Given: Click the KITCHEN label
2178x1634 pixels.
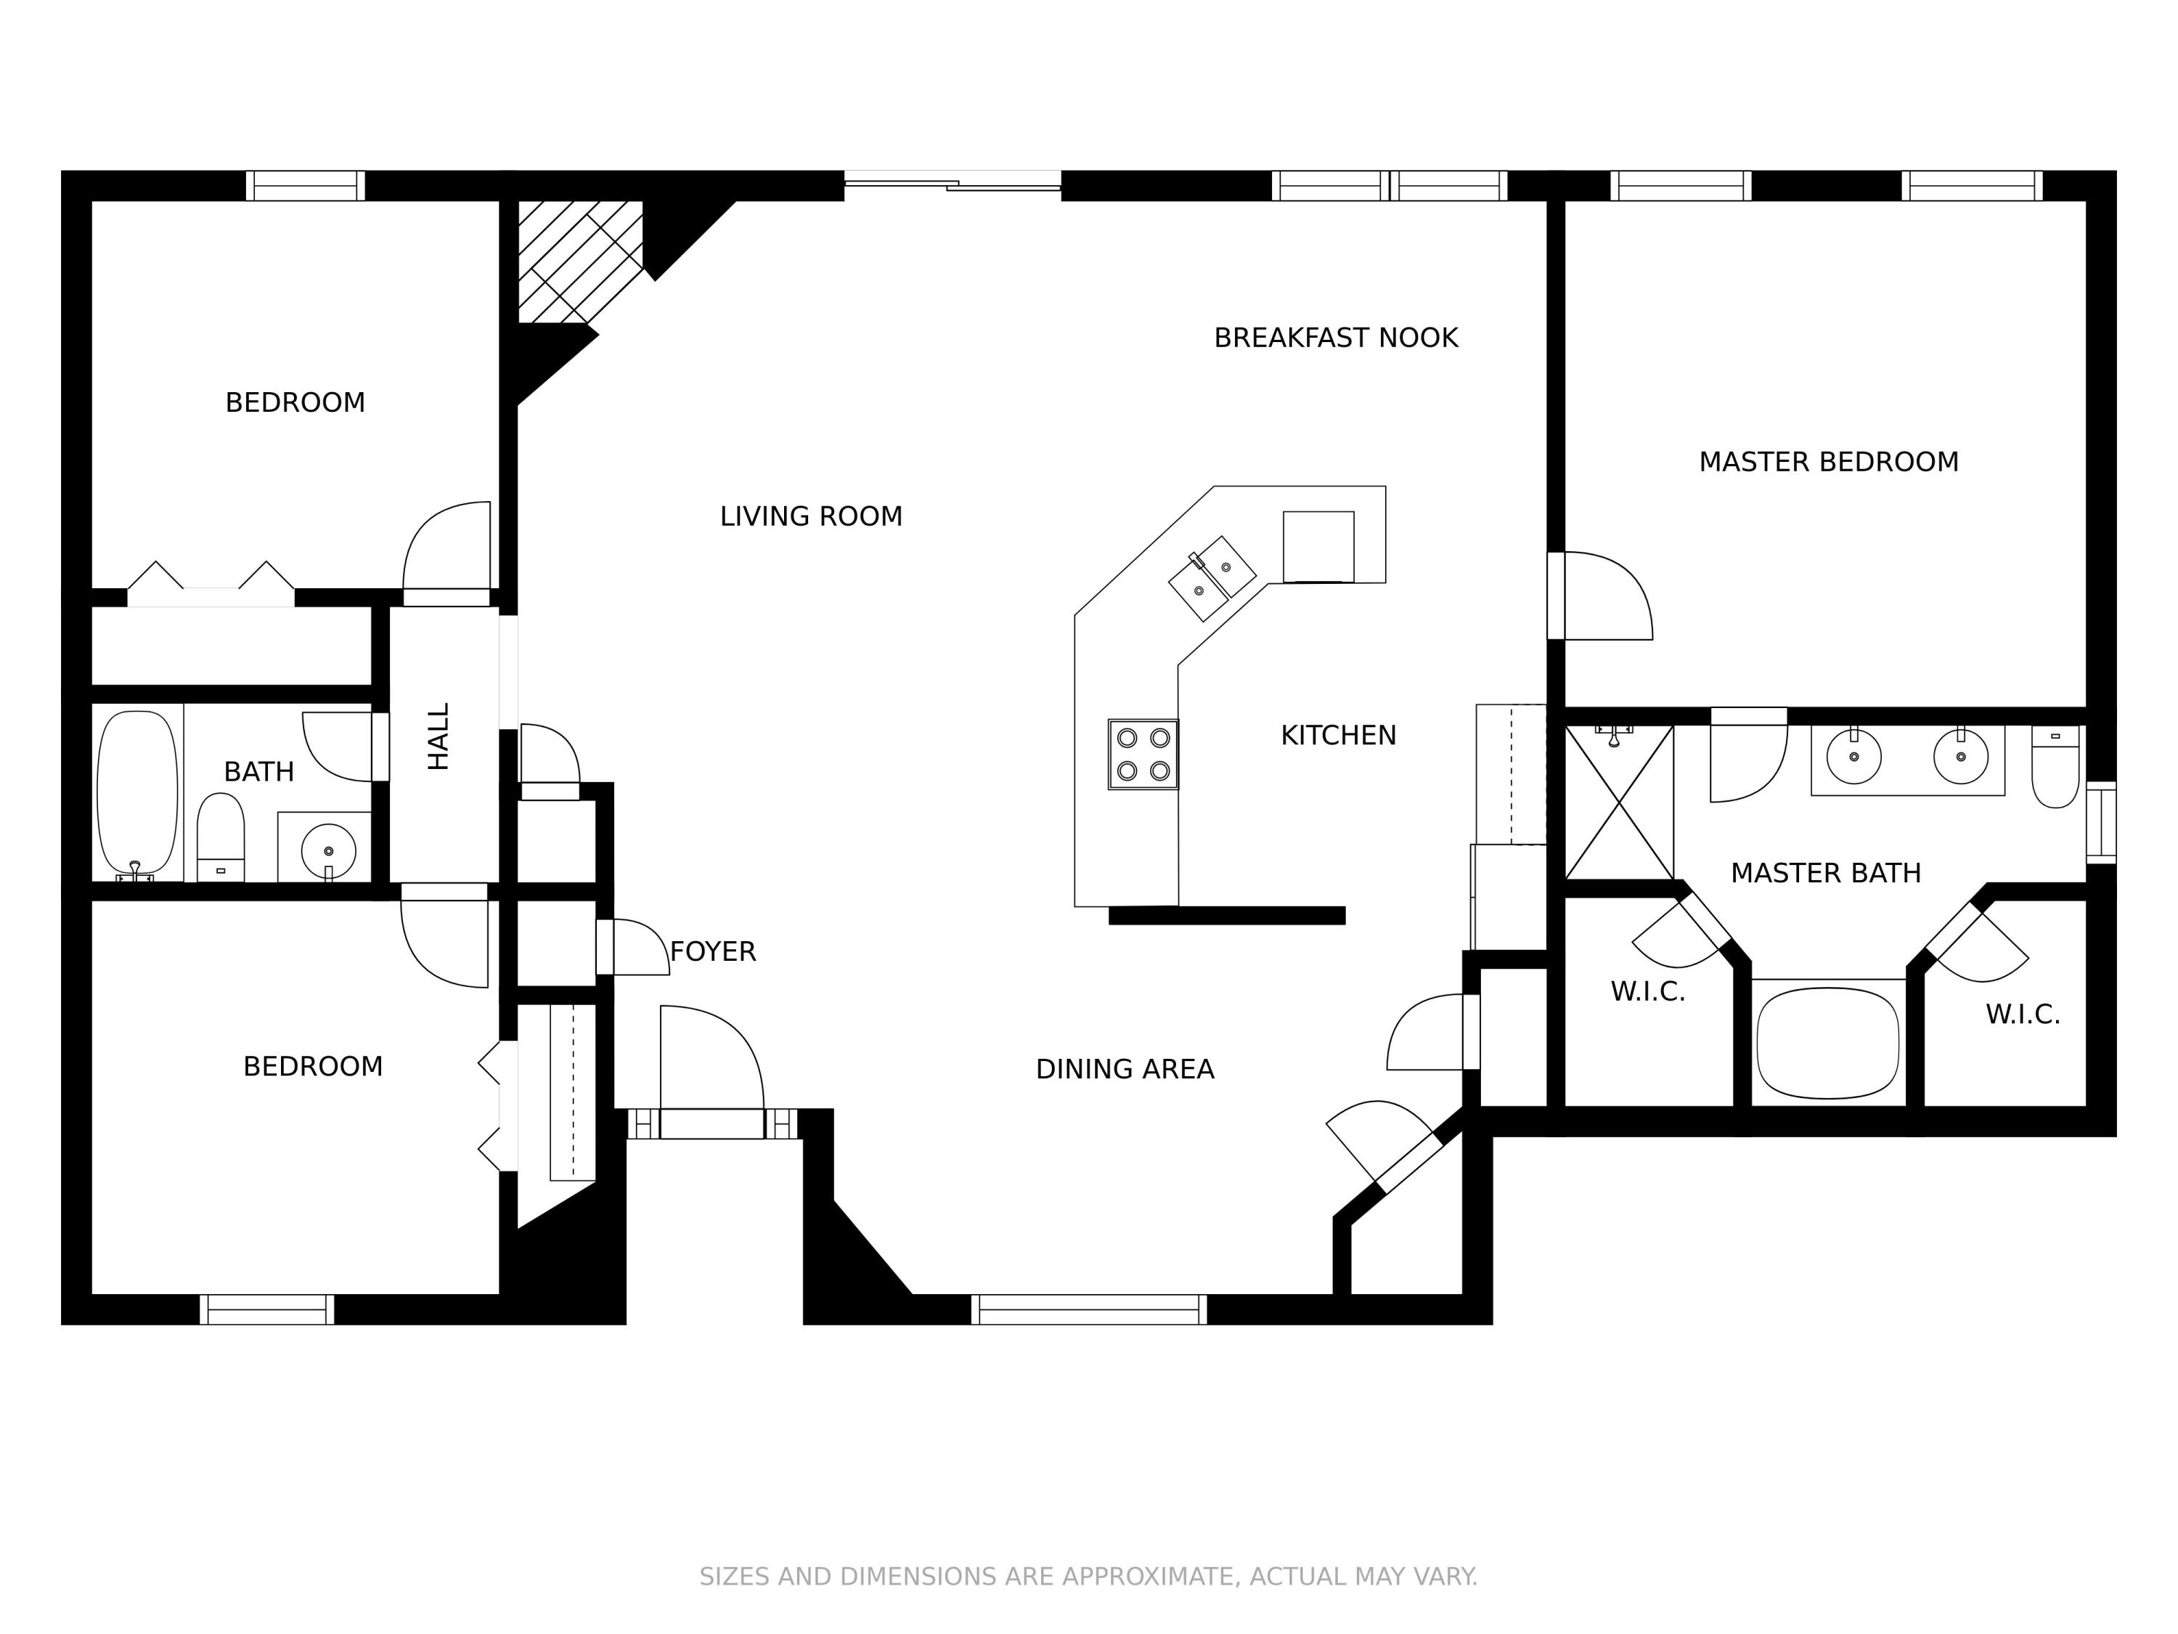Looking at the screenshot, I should (x=1337, y=736).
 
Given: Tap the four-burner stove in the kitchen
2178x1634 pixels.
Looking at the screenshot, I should (x=1143, y=755).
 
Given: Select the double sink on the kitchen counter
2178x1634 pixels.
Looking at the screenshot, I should (x=1212, y=578).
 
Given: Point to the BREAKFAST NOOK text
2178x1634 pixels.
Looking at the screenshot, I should (x=1335, y=338).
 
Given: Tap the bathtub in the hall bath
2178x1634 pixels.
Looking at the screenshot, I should (x=138, y=793).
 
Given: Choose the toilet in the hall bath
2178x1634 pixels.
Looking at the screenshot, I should (x=221, y=837).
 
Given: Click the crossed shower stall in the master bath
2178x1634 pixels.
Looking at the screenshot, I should (x=1619, y=802).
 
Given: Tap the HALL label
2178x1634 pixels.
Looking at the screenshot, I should (x=439, y=736).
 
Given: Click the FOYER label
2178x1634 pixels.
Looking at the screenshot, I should (x=713, y=951).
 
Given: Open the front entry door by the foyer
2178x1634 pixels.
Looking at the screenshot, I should (x=711, y=1123).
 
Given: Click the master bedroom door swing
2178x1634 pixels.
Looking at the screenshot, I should (x=1605, y=597).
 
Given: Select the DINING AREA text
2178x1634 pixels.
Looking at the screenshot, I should (x=1125, y=1070).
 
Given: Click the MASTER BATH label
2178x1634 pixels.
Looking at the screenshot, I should (x=1825, y=874).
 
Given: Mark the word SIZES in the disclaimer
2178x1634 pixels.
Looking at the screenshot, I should (x=735, y=1577).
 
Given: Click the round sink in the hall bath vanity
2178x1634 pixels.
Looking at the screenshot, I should (x=328, y=850).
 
